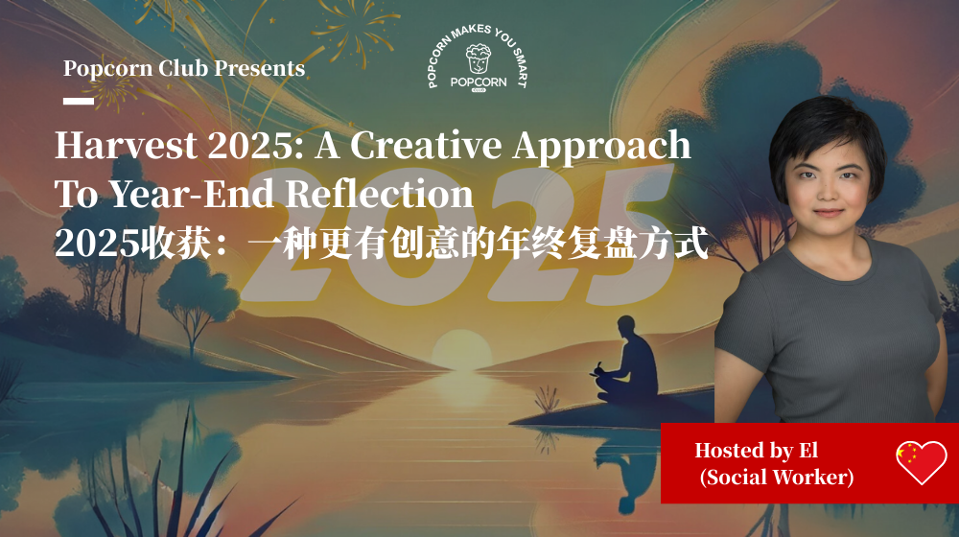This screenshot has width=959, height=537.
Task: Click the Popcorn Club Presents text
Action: point(184,69)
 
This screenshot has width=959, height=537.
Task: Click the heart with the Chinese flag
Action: point(921,462)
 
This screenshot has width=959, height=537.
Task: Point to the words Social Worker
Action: point(776,477)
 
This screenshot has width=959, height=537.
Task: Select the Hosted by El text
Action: point(756,450)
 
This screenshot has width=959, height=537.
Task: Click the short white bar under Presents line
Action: point(78,101)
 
